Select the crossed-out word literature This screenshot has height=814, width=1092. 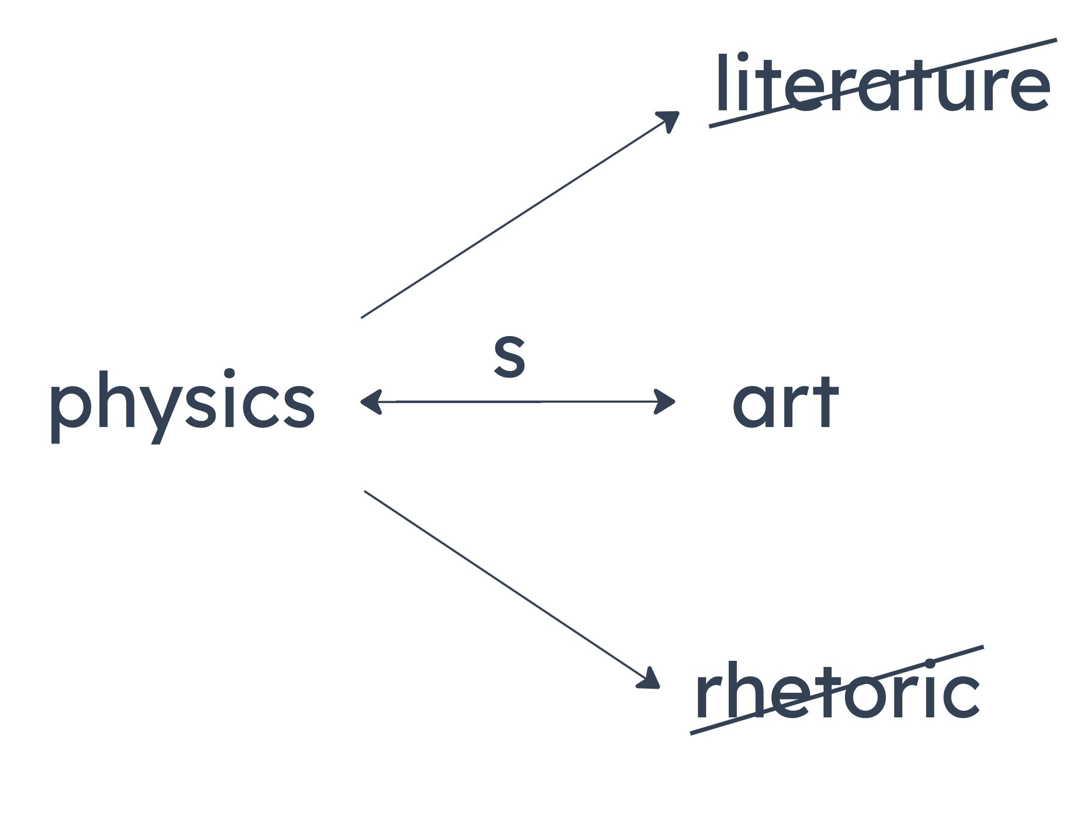pyautogui.click(x=884, y=82)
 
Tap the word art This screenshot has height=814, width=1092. pyautogui.click(x=785, y=402)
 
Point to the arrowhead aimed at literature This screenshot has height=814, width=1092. pyautogui.click(x=669, y=120)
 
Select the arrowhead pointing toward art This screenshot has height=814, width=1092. pyautogui.click(x=665, y=402)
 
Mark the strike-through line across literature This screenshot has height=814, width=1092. pyautogui.click(x=883, y=83)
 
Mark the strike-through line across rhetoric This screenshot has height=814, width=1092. pyautogui.click(x=837, y=690)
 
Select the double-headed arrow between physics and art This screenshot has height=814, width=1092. pyautogui.click(x=517, y=402)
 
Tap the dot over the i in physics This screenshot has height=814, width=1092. pyautogui.click(x=229, y=373)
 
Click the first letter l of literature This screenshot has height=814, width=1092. pyautogui.click(x=723, y=82)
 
